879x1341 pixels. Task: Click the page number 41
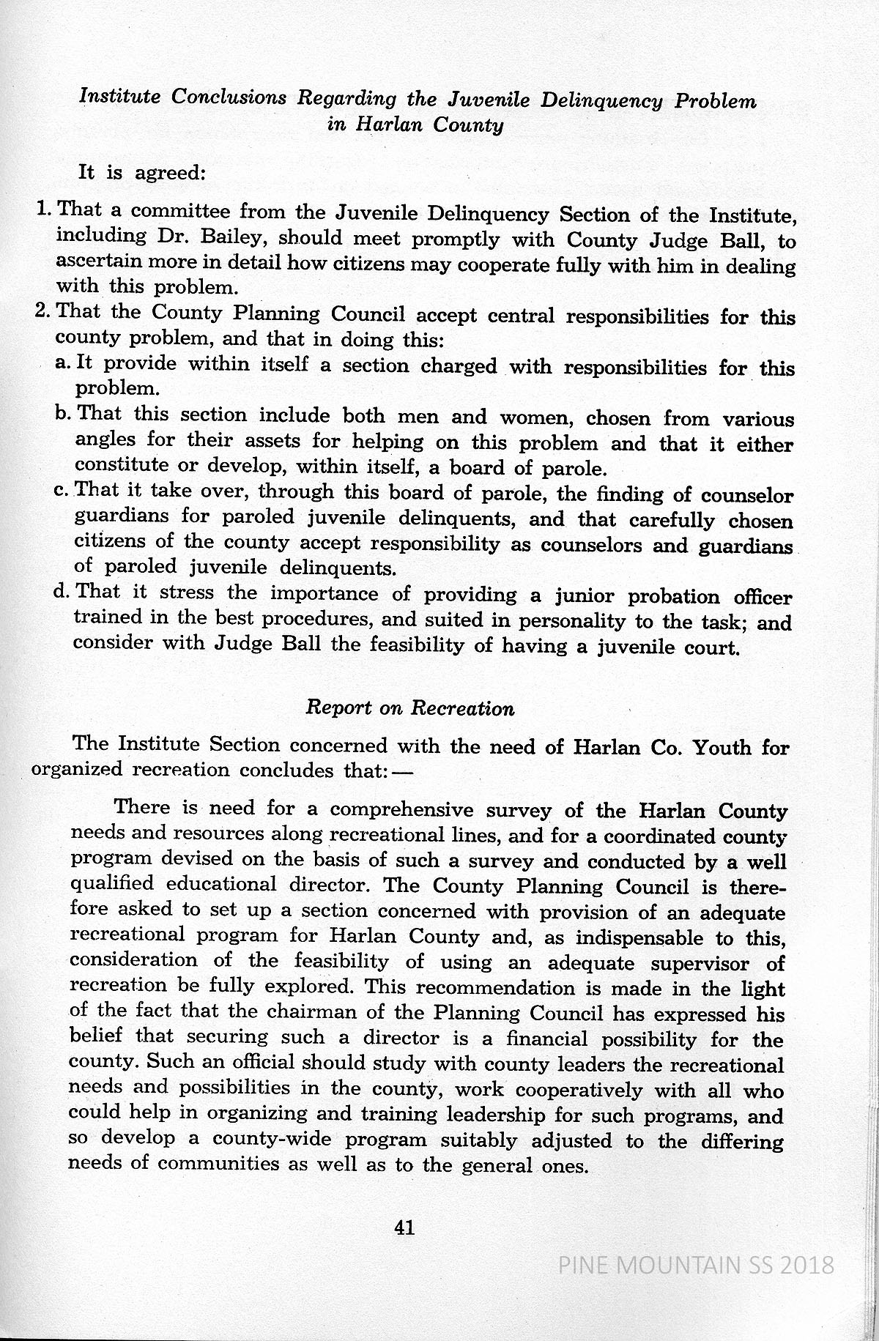click(404, 1228)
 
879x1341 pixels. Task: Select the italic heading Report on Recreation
click(409, 708)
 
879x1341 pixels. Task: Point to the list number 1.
click(42, 209)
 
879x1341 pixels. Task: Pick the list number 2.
click(42, 311)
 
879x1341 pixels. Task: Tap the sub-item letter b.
click(62, 414)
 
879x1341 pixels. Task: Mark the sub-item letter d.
click(62, 591)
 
